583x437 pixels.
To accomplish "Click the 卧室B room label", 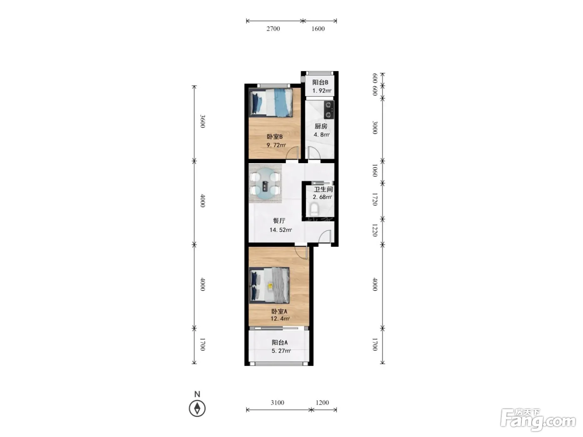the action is point(274,137).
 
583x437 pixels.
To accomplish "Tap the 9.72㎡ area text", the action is point(276,145).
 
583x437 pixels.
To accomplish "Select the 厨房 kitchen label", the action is point(321,126).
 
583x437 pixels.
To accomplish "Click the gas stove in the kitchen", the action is point(329,109).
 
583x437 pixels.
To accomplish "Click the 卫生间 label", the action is point(323,189).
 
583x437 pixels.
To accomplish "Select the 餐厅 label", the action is point(279,221).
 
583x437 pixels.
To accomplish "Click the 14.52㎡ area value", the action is point(281,230).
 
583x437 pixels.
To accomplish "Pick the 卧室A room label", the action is point(279,311).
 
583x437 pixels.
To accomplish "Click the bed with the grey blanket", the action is point(269,285).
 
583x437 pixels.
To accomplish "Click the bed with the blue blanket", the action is point(271,102).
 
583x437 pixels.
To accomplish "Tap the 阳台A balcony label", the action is point(280,342).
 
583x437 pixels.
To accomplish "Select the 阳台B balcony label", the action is point(320,82).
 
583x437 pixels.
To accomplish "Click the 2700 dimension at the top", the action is point(273,29).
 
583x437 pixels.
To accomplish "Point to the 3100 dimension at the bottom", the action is point(278,402).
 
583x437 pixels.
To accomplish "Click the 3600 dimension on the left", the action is point(203,121).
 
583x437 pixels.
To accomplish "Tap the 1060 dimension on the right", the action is point(375,170).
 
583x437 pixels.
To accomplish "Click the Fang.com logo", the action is point(538,419).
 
